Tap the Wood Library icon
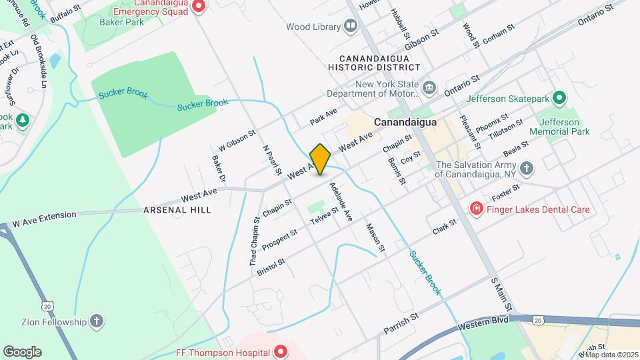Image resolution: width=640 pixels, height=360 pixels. click(351, 27)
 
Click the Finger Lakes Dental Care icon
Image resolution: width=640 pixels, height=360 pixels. click(477, 209)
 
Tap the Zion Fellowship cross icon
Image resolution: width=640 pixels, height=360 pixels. click(97, 322)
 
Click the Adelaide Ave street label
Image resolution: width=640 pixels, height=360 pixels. click(341, 203)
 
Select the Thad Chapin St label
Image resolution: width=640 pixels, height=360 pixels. click(255, 241)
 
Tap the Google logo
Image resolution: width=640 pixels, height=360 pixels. click(22, 352)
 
